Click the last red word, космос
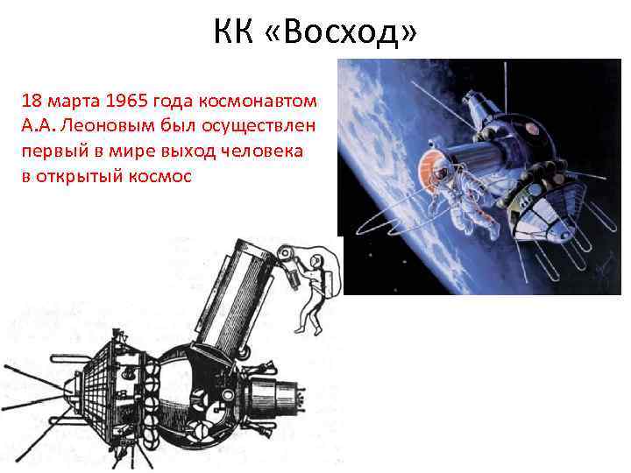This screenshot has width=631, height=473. coord(163,175)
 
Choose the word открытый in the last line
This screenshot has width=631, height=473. coord(85,175)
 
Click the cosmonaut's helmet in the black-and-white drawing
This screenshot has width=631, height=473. coord(321,261)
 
